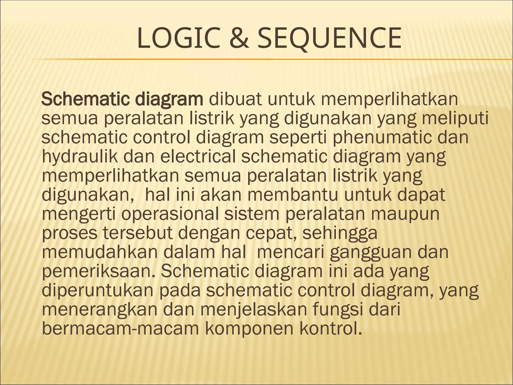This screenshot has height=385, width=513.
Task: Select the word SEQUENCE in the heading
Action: [x=329, y=39]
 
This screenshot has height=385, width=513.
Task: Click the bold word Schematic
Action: [x=85, y=99]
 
